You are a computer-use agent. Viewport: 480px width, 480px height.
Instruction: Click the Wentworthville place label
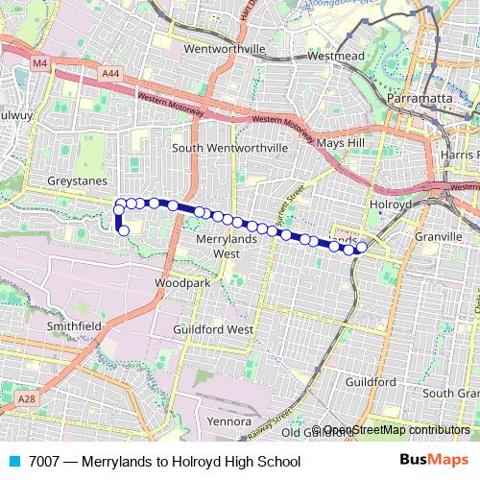[x=230, y=48]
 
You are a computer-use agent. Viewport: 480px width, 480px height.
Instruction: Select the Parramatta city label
[x=420, y=99]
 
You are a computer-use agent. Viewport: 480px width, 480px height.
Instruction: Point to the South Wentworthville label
[x=229, y=148]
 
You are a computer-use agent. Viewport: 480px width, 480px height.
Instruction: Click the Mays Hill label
[x=342, y=143]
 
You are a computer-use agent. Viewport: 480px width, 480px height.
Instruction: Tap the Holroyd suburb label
[x=391, y=204]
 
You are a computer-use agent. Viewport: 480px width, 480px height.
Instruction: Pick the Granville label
[x=440, y=233]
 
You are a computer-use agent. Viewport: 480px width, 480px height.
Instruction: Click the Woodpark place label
[x=181, y=284]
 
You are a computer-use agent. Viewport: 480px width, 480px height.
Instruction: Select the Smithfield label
[x=75, y=325]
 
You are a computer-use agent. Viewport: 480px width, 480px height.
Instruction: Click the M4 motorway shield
[x=39, y=63]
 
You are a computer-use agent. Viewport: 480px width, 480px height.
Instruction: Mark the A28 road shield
[x=26, y=397]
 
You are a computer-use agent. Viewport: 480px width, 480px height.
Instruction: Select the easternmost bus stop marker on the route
[x=362, y=248]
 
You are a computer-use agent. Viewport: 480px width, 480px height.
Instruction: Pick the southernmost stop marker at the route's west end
[x=124, y=230]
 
